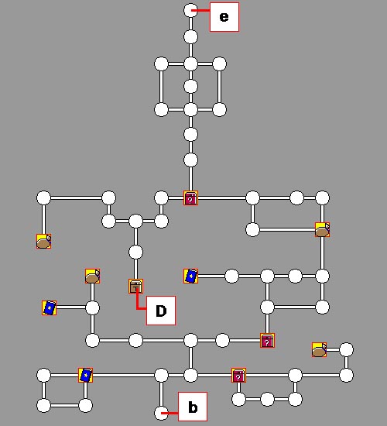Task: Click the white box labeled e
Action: pyautogui.click(x=224, y=17)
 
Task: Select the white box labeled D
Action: pyautogui.click(x=161, y=311)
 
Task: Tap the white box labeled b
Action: pyautogui.click(x=193, y=407)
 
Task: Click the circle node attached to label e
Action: pyautogui.click(x=190, y=11)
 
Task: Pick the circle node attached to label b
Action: pyautogui.click(x=161, y=413)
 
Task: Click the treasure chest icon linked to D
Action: pyautogui.click(x=135, y=287)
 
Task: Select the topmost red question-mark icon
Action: pyautogui.click(x=190, y=198)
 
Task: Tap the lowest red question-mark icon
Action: pyautogui.click(x=238, y=376)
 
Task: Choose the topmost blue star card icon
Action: pyautogui.click(x=190, y=276)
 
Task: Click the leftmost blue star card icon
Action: pyautogui.click(x=50, y=307)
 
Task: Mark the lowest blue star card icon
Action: pyautogui.click(x=86, y=375)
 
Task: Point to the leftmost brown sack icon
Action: pyautogui.click(x=43, y=241)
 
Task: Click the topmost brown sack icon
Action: pyautogui.click(x=322, y=229)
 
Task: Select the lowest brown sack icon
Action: pyautogui.click(x=320, y=350)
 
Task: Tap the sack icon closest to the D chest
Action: pyautogui.click(x=92, y=276)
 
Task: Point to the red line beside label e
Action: pyautogui.click(x=200, y=11)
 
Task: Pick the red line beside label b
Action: pyautogui.click(x=170, y=413)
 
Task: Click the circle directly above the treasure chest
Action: pyautogui.click(x=135, y=253)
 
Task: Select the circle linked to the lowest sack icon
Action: pyautogui.click(x=347, y=349)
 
